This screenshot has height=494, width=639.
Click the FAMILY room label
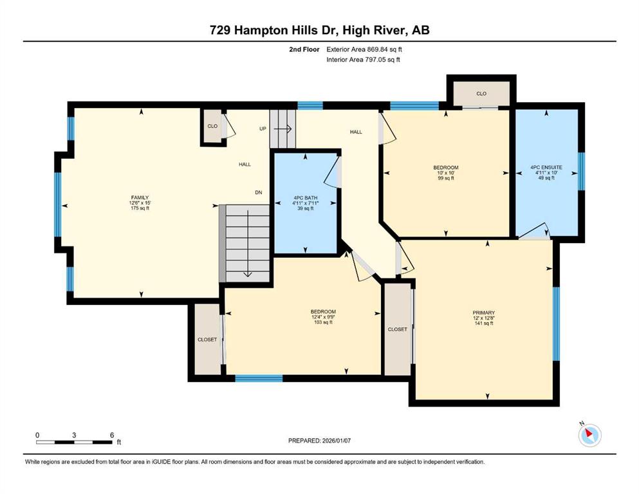tap(140, 197)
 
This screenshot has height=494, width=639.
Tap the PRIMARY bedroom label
tap(484, 313)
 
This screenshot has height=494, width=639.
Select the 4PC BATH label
tap(305, 198)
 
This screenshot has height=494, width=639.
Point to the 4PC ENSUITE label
tap(546, 167)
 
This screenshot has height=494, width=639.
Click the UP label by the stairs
tap(263, 129)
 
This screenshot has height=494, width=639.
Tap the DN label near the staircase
tap(259, 192)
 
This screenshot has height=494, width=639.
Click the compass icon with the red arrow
tap(589, 435)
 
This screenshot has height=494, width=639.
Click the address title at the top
tap(319, 30)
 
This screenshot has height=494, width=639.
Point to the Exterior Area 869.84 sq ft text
tap(364, 50)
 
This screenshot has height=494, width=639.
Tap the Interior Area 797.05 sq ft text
tap(363, 59)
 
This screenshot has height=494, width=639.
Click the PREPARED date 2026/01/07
tap(319, 441)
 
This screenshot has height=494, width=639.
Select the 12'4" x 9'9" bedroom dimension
tap(323, 317)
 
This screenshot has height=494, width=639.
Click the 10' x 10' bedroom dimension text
tap(446, 172)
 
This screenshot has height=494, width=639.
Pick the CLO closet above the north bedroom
tap(481, 94)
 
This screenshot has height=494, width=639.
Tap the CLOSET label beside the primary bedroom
tap(397, 329)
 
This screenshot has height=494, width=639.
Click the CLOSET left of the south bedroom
tap(207, 339)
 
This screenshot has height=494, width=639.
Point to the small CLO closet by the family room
tap(212, 126)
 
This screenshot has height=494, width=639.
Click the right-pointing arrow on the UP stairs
tap(282, 129)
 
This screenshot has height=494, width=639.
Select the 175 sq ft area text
tap(140, 208)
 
